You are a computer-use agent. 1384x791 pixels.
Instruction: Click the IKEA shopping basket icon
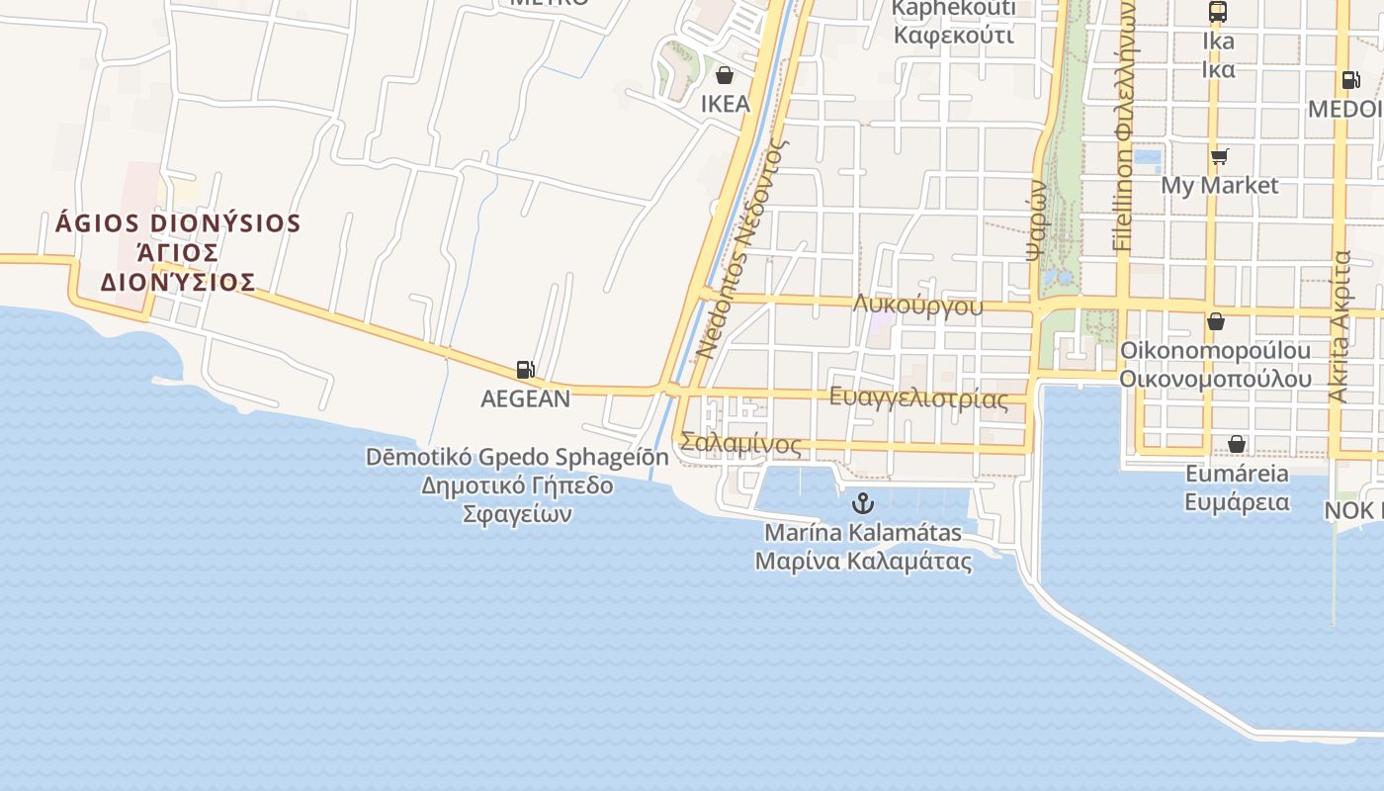725,75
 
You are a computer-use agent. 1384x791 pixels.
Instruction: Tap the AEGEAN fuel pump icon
526,370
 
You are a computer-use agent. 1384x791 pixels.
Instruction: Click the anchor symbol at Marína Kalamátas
863,503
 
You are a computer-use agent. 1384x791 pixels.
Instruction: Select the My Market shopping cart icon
1219,156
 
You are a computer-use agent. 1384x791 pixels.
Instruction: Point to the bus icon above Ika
1218,12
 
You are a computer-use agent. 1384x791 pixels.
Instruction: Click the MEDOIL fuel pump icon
1350,80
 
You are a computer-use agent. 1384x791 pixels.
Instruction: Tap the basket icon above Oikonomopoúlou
1216,321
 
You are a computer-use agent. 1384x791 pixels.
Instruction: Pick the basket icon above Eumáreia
1237,444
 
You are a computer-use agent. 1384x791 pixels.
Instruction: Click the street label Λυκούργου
918,305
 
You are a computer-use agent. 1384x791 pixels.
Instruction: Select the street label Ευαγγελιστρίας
919,398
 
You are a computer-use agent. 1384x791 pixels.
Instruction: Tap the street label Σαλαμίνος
741,444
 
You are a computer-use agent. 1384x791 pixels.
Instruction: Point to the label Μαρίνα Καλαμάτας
863,562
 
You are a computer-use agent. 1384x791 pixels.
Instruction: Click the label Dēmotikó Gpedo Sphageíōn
517,457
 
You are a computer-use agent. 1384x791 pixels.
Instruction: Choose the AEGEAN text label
526,398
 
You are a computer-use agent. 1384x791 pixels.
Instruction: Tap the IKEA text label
725,104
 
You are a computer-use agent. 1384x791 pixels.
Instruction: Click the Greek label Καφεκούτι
954,37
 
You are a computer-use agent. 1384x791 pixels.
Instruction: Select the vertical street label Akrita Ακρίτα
1340,326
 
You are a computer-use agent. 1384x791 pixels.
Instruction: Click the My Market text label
1219,185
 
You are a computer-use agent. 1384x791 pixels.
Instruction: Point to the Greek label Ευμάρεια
1237,501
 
